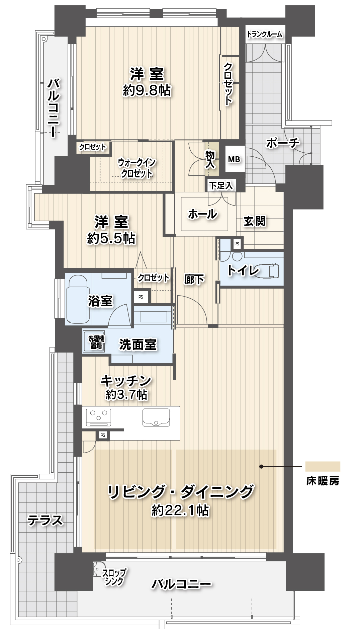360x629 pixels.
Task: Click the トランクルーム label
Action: click(264, 34)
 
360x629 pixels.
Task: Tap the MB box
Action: click(234, 159)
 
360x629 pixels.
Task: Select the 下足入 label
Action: click(221, 185)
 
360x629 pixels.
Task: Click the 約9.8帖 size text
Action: click(147, 90)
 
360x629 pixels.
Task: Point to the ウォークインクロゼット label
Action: click(137, 168)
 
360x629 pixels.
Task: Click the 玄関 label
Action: click(255, 221)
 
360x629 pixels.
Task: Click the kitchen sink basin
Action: click(156, 417)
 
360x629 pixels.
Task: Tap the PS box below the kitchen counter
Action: click(103, 435)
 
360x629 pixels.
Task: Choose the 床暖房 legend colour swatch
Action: click(323, 466)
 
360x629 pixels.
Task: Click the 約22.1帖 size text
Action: click(180, 510)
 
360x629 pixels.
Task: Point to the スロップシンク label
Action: click(114, 577)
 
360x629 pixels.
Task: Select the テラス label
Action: click(46, 520)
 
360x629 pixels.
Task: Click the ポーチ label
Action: click(283, 143)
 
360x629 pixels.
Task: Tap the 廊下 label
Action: click(194, 279)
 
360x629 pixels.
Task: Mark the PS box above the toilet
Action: click(237, 244)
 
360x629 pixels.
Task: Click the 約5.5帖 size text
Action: click(111, 238)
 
